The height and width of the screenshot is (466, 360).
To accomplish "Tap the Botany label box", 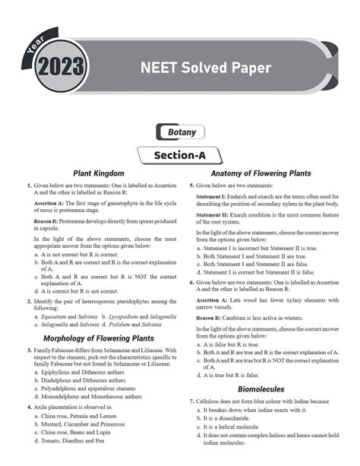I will point(179,132).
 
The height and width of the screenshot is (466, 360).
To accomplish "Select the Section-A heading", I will point(179,154).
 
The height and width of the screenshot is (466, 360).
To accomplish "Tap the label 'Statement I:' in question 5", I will point(213,196).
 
